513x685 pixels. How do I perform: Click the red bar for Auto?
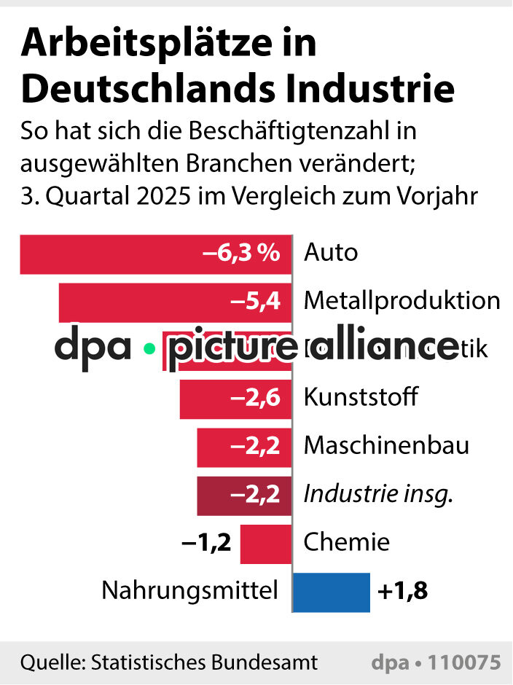click(x=109, y=254)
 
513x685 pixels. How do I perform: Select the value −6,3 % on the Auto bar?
click(x=241, y=254)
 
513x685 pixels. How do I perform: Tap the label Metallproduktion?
click(x=402, y=300)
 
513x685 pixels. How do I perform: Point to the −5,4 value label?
click(x=255, y=301)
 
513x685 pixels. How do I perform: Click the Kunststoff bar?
click(x=204, y=399)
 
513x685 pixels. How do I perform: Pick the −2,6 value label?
click(x=255, y=399)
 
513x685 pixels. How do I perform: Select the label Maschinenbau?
click(x=386, y=445)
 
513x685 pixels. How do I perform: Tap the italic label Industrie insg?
click(x=378, y=495)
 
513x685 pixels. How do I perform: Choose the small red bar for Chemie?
click(x=265, y=543)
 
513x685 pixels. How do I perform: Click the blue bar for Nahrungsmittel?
click(x=332, y=591)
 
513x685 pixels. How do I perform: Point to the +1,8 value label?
click(x=402, y=591)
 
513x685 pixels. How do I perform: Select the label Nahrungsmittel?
click(x=189, y=591)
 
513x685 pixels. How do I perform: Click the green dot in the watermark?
click(x=149, y=348)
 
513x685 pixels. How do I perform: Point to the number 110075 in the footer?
click(x=464, y=662)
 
